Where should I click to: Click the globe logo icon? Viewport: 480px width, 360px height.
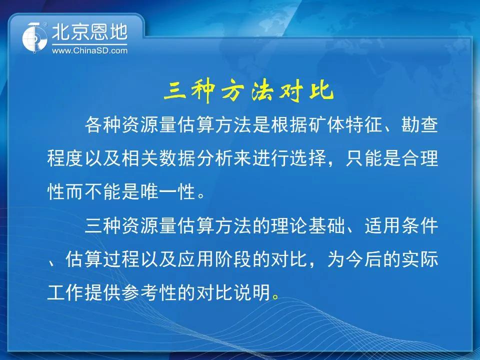point(34,37)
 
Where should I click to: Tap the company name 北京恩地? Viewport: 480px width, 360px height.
point(89,32)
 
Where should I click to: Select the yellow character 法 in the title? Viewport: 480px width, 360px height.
point(262,91)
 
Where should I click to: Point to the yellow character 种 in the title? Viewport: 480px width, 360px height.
point(203,91)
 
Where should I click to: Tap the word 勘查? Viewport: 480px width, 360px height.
point(419,125)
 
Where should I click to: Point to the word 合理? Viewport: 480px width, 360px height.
point(420,158)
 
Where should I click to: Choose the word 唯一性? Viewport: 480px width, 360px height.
point(168,192)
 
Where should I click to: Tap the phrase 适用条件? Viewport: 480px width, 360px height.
point(401,226)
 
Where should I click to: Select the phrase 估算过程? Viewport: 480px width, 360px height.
point(102,259)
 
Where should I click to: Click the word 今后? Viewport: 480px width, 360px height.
point(364,259)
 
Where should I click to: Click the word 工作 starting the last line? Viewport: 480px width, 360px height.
point(65,292)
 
